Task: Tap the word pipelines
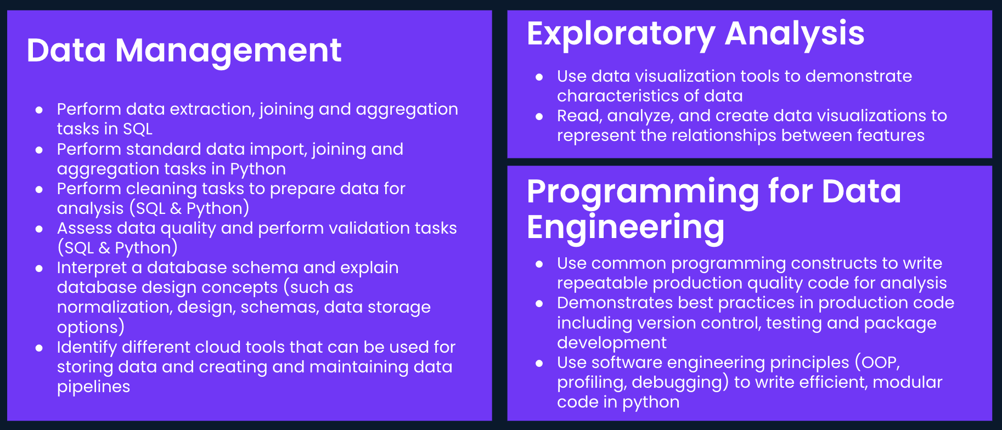point(93,387)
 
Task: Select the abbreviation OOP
point(880,363)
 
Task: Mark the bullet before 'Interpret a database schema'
point(39,268)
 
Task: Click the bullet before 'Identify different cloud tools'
point(39,348)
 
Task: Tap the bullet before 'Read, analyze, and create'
point(539,116)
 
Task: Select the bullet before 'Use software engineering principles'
point(539,363)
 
